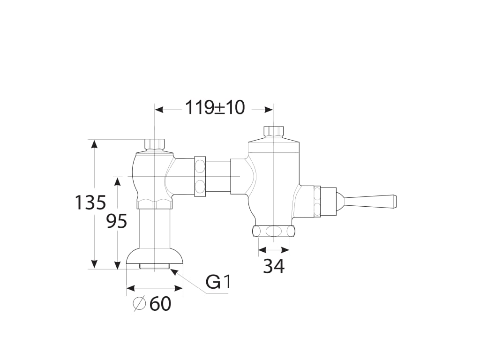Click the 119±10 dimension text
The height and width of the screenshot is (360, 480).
click(215, 108)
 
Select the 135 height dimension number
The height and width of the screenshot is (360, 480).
click(90, 202)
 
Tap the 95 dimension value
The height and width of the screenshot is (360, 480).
click(117, 221)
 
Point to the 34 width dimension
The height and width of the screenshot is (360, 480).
click(274, 266)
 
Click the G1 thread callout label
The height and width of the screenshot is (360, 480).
click(217, 282)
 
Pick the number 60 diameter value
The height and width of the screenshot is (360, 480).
click(160, 304)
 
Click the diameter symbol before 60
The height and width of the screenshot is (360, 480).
click(139, 304)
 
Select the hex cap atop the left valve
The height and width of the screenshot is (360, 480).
click(154, 145)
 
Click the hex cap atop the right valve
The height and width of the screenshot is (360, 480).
click(274, 132)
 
